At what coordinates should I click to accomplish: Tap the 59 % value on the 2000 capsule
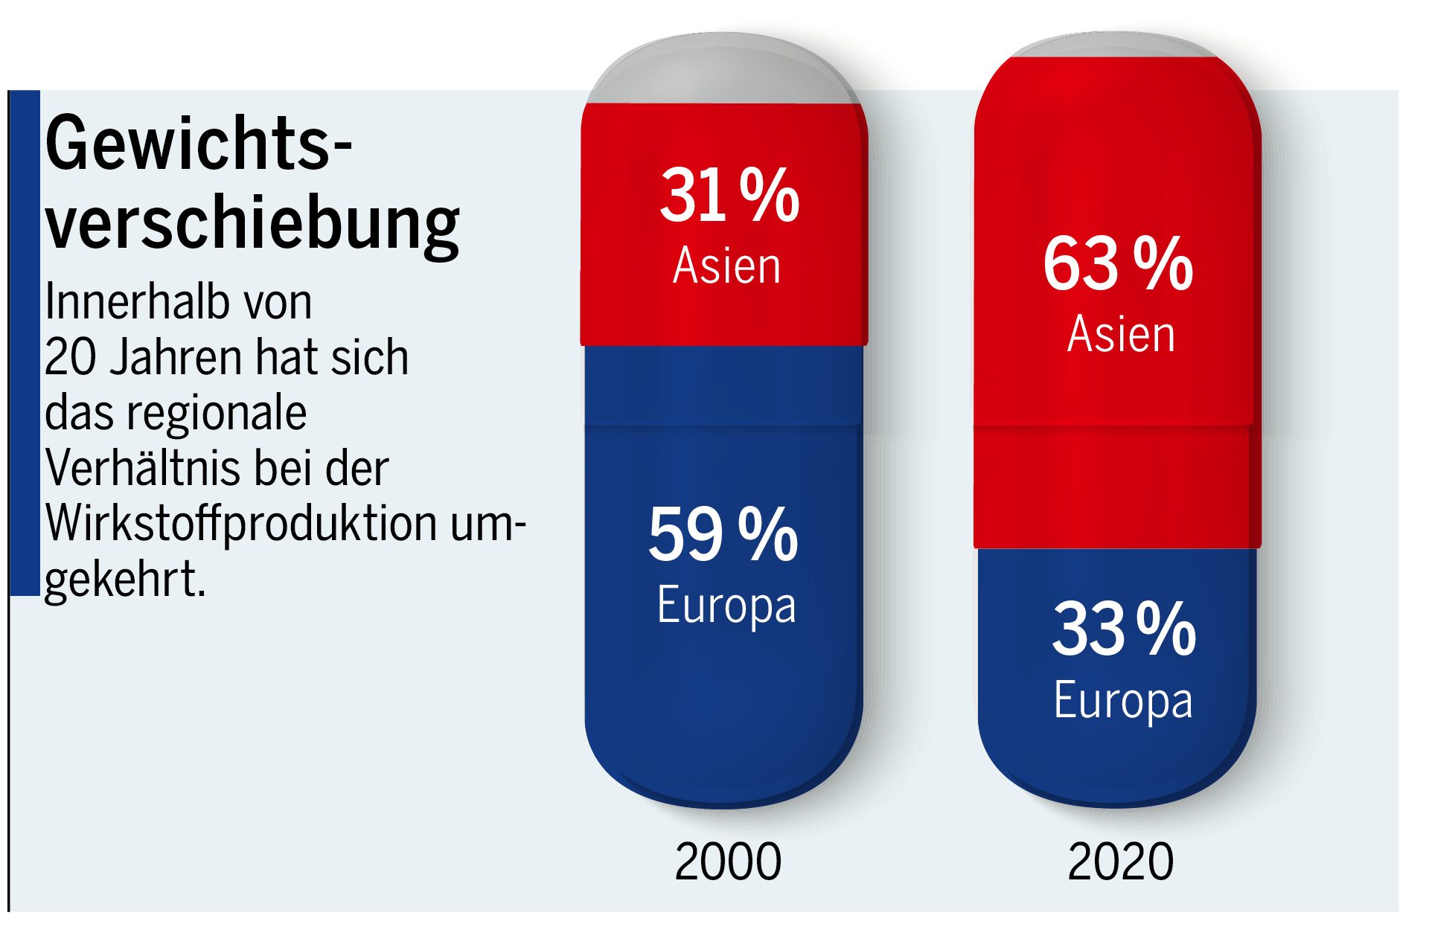[x=723, y=534]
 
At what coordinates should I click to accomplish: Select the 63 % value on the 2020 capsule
[x=1118, y=264]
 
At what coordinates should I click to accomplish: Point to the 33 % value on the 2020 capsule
[x=1124, y=629]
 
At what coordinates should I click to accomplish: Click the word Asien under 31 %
[x=727, y=266]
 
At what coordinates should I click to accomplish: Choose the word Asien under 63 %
[x=1121, y=334]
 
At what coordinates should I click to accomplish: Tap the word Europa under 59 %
[x=726, y=606]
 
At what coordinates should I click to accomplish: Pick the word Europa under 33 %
[x=1123, y=701]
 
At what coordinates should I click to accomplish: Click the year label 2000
[x=728, y=862]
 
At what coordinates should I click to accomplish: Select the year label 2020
[x=1120, y=862]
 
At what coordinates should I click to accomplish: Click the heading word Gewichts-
[x=198, y=144]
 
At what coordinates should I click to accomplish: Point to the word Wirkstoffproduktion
[x=241, y=524]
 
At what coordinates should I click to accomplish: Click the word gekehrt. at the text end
[x=125, y=580]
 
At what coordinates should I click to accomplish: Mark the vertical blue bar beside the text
[x=25, y=342]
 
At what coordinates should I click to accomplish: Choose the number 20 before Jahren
[x=71, y=358]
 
